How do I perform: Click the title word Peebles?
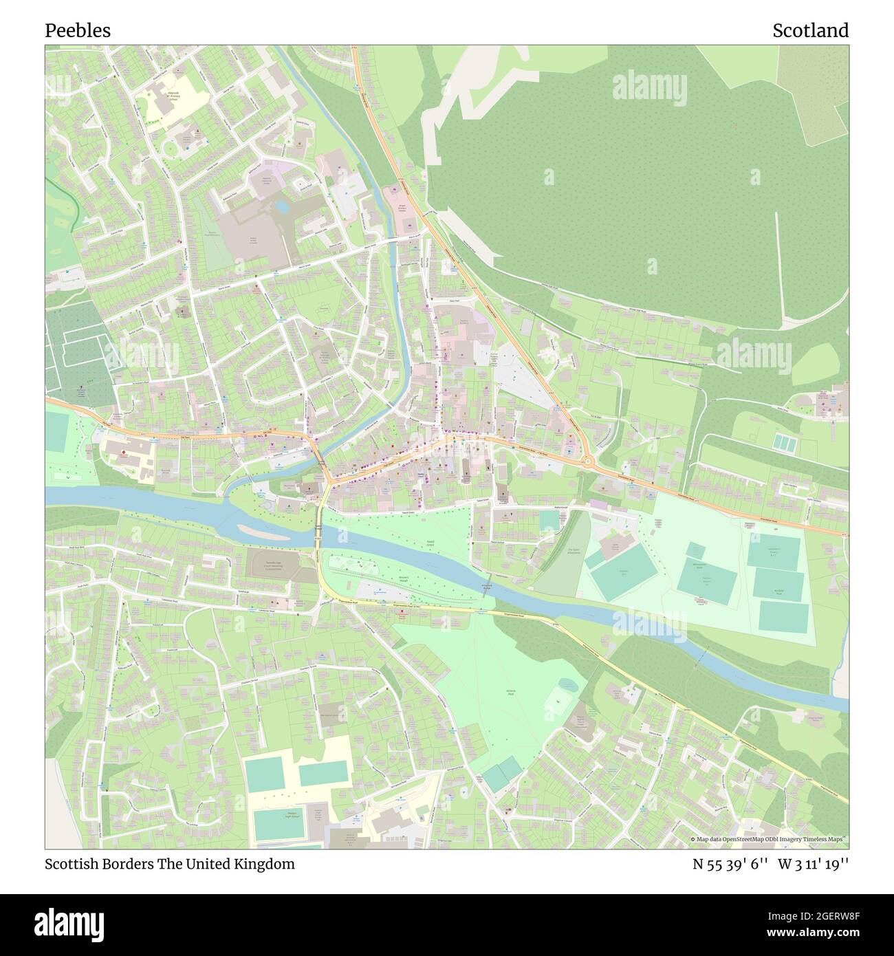pyautogui.click(x=78, y=30)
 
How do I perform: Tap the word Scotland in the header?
pyautogui.click(x=810, y=30)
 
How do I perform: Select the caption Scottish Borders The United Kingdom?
pyautogui.click(x=170, y=864)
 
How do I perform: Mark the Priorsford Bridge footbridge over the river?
pyautogui.click(x=486, y=589)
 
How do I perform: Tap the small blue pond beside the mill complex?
pyautogui.click(x=281, y=205)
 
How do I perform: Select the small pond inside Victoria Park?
pyautogui.click(x=568, y=685)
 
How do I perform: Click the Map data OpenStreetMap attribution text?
pyautogui.click(x=769, y=839)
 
